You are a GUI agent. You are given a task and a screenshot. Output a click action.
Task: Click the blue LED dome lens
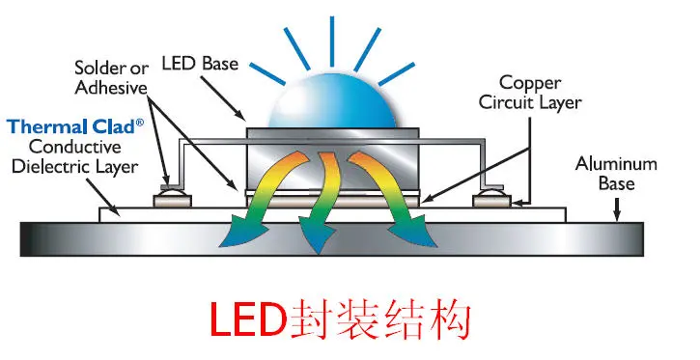pyautogui.click(x=332, y=102)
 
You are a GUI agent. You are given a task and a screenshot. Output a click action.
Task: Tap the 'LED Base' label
pyautogui.click(x=200, y=64)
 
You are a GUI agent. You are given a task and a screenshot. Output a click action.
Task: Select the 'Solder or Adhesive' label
pyautogui.click(x=111, y=77)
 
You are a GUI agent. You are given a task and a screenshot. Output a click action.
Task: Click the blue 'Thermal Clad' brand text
pyautogui.click(x=70, y=126)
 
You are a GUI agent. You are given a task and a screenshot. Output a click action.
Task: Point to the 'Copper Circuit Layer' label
pyautogui.click(x=530, y=93)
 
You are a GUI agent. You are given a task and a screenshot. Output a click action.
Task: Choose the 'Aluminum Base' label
pyautogui.click(x=616, y=174)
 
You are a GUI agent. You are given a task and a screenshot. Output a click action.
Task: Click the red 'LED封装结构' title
pyautogui.click(x=340, y=320)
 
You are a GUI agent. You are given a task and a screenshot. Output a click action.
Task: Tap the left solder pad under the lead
pyautogui.click(x=172, y=201)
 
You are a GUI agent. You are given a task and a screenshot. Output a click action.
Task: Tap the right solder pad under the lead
pyautogui.click(x=491, y=201)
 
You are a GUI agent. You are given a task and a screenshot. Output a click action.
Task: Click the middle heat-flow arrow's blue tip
pyautogui.click(x=318, y=241)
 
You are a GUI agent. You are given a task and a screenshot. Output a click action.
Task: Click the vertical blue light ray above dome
pyautogui.click(x=332, y=42)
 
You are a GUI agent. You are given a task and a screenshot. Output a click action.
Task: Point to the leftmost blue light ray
pyautogui.click(x=266, y=73)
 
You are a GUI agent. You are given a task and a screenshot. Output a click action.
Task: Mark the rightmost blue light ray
pyautogui.click(x=397, y=73)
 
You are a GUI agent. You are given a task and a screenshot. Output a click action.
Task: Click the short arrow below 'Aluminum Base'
pyautogui.click(x=617, y=209)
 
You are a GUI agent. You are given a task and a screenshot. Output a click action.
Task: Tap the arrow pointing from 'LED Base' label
pyautogui.click(x=223, y=97)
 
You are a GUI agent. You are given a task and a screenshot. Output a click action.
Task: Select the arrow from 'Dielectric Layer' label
pyautogui.click(x=102, y=197)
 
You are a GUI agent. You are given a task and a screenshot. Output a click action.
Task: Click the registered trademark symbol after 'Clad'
pyautogui.click(x=140, y=123)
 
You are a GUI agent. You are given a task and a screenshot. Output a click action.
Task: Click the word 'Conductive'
pyautogui.click(x=75, y=147)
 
